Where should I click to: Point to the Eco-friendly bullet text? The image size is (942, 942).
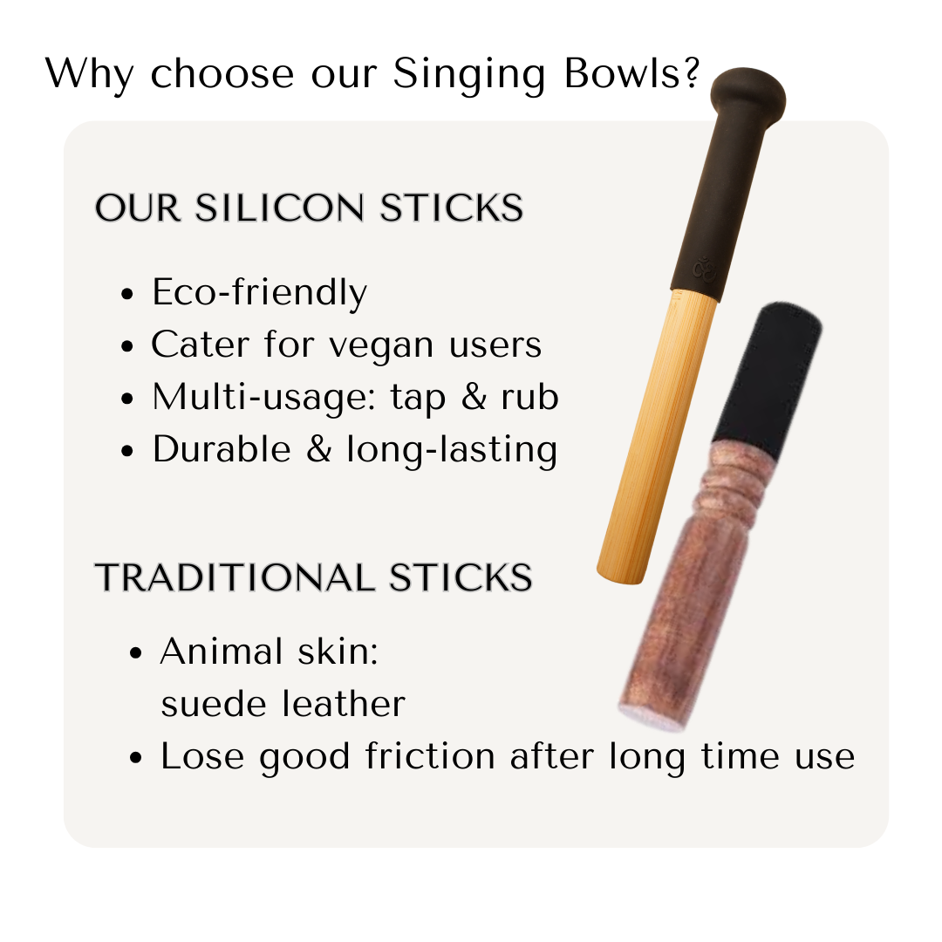259,293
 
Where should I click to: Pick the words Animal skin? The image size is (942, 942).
270,652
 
